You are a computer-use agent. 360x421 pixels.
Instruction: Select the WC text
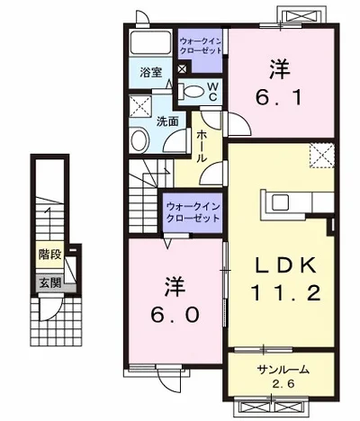pyautogui.click(x=213, y=92)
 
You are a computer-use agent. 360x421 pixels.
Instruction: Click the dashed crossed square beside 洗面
pyautogui.click(x=140, y=109)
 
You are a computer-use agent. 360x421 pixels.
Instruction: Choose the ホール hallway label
pyautogui.click(x=202, y=145)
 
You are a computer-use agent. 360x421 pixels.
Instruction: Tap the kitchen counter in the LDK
pyautogui.click(x=278, y=204)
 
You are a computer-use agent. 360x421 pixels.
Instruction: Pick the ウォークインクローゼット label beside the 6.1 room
pyautogui.click(x=202, y=46)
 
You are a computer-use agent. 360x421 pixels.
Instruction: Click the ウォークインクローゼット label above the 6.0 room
pyautogui.click(x=192, y=212)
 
